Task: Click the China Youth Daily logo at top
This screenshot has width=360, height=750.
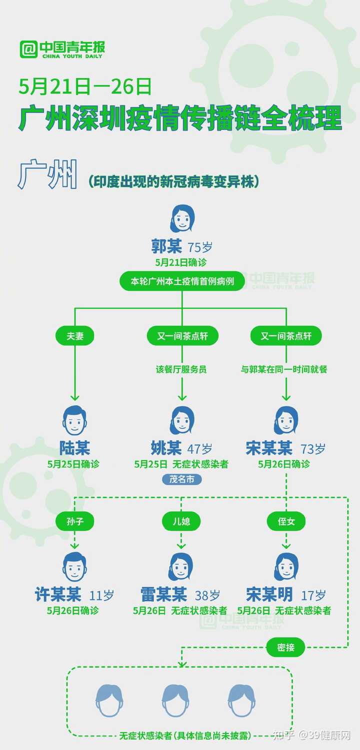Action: pos(62,49)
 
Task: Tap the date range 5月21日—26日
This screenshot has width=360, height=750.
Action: pos(85,86)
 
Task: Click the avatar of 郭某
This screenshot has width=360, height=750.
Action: pos(182,218)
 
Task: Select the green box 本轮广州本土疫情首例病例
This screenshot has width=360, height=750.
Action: pos(182,281)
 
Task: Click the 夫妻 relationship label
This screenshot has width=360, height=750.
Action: pos(75,336)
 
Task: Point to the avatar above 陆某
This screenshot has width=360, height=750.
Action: pos(75,420)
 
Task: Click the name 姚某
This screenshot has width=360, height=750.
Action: pos(166,448)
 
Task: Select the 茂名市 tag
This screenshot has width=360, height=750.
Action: pos(181,480)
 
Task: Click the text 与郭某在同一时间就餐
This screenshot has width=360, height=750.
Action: pos(284,369)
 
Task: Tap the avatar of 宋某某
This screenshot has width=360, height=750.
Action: pos(286,420)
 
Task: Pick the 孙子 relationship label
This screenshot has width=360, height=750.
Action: pos(75,521)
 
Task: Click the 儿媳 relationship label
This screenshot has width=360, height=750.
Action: pos(181,521)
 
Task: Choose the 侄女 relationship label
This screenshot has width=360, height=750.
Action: pos(286,521)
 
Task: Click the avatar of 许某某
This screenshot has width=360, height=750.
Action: pos(75,567)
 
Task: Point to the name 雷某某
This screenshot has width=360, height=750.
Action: pos(163,595)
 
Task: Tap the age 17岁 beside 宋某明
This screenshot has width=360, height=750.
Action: pos(313,595)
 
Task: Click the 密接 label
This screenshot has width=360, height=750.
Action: pos(285,647)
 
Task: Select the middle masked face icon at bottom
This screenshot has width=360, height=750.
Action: pos(175,700)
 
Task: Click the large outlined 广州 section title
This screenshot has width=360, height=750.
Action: pos(48,174)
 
